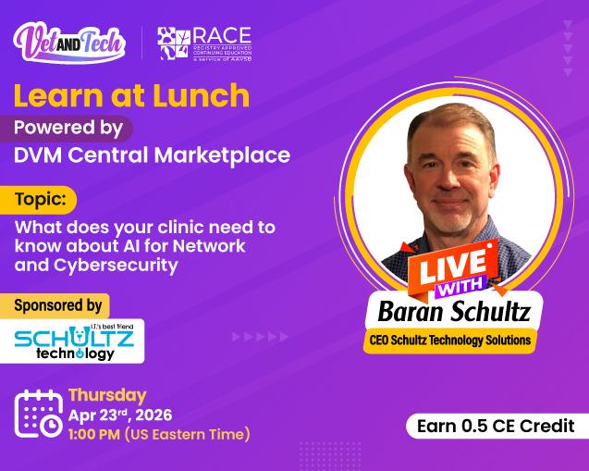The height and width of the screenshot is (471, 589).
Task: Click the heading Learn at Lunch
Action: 131,94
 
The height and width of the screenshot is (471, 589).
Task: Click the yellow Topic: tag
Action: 44,199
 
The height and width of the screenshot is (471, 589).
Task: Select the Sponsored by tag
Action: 58,304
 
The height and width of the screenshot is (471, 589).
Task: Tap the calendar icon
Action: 38,413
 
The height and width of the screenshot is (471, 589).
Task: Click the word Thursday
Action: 107,395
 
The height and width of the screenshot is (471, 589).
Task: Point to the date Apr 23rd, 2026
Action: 120,415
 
